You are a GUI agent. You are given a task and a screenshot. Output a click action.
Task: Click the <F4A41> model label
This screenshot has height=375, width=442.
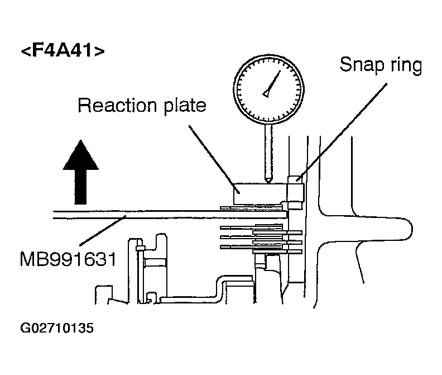pos(63,50)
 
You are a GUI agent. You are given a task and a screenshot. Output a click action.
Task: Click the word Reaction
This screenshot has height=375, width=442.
pos(117,105)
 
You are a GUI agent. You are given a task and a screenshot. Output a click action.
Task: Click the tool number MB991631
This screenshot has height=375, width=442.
pos(68,259)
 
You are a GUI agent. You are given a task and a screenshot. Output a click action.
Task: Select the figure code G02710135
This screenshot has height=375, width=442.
pos(57,328)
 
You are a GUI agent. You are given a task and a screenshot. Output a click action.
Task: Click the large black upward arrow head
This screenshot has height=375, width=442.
pos(80,155)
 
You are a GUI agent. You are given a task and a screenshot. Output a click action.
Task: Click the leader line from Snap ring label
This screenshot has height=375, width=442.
pos(342,131)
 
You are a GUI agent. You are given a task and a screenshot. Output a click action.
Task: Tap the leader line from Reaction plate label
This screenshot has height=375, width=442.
pos(214,159)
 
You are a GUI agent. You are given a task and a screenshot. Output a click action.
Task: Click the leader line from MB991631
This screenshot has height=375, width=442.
pos(103,230)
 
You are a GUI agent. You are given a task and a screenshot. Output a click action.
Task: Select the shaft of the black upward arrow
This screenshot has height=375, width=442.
pos(80,187)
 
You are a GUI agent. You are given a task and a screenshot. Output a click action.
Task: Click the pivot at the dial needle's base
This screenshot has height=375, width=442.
pos(266,94)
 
